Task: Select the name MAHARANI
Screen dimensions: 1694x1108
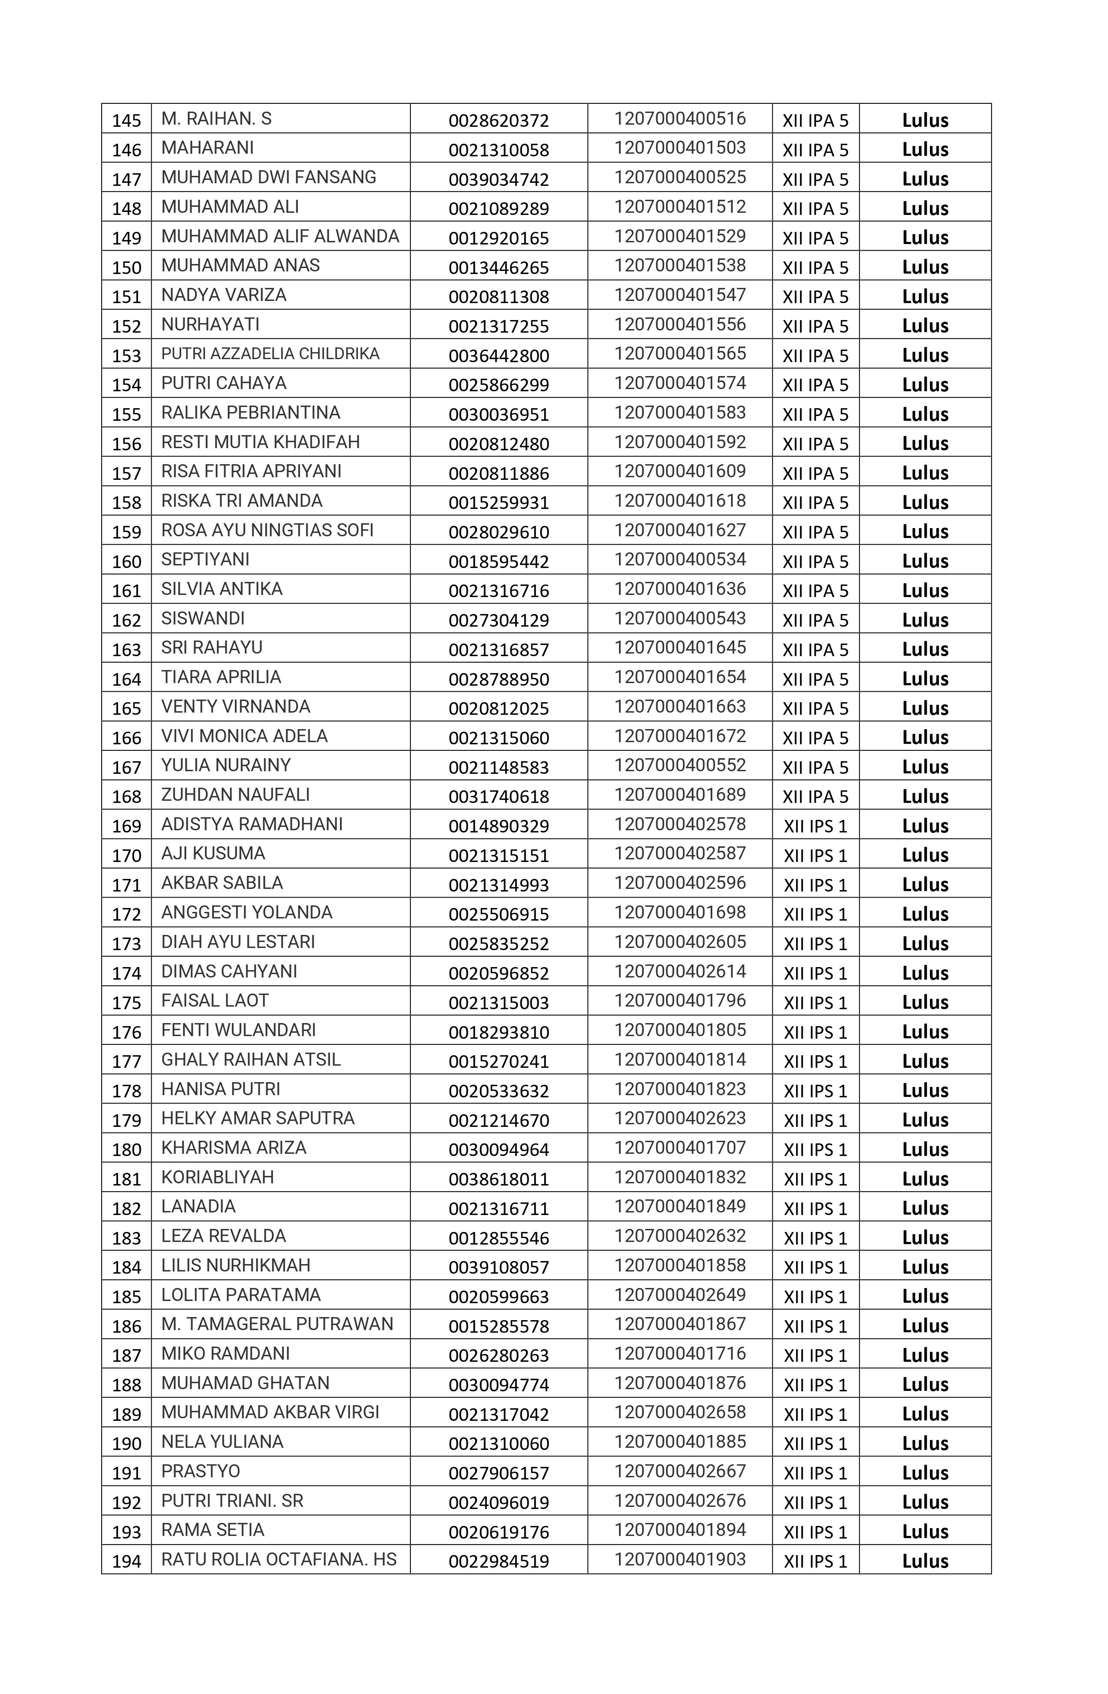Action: [207, 148]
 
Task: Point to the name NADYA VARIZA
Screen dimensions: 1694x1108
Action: [224, 295]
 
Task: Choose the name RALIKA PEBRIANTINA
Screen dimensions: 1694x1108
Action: [251, 413]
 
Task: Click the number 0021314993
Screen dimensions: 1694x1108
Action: [499, 885]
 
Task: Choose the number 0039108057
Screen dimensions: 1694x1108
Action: [499, 1267]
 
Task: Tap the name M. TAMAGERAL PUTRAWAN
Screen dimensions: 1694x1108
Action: [277, 1324]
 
